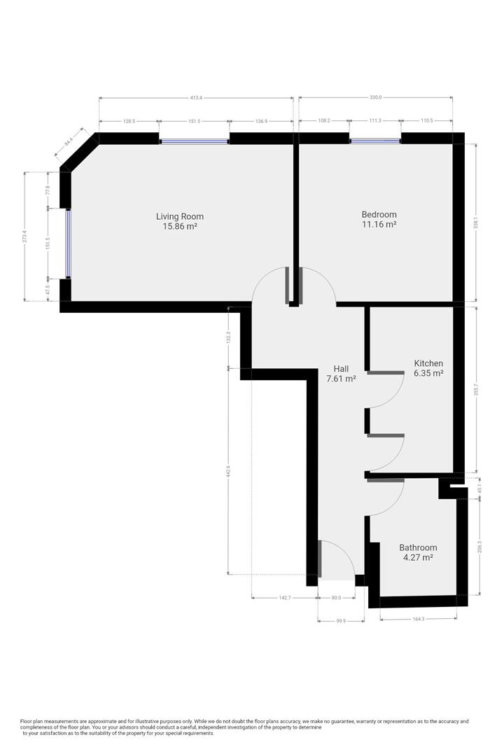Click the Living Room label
(179, 216)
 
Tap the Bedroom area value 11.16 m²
(379, 225)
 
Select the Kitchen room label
(428, 363)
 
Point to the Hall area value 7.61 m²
(341, 379)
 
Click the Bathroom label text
(418, 547)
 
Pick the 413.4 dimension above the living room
(196, 98)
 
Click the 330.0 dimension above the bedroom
(376, 98)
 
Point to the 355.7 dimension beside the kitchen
(477, 390)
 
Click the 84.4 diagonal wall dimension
(69, 141)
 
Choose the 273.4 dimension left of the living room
(25, 237)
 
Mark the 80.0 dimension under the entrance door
(336, 598)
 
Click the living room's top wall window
(195, 141)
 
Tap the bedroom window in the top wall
(375, 141)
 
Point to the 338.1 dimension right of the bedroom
(477, 223)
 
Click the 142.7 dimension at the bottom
(284, 598)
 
